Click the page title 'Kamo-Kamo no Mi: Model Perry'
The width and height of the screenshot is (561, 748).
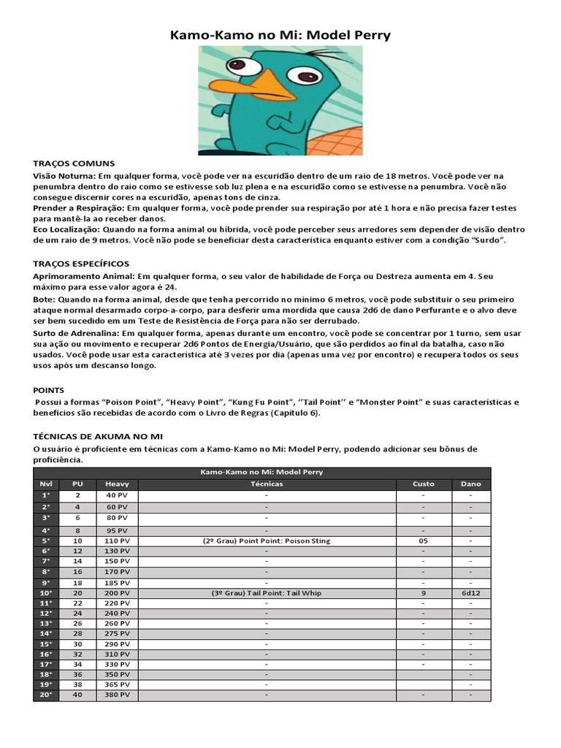[280, 34]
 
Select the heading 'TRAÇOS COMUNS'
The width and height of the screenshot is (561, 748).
[74, 164]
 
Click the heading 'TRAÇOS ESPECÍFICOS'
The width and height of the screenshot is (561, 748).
[81, 263]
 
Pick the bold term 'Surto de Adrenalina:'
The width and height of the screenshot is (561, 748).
[77, 332]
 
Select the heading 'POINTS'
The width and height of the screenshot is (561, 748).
[49, 390]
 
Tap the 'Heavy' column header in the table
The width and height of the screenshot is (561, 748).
[117, 484]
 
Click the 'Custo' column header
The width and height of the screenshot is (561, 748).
[424, 484]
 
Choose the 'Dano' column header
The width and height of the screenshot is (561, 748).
[471, 484]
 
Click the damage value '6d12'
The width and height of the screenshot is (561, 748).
[471, 594]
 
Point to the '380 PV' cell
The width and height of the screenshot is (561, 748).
[117, 695]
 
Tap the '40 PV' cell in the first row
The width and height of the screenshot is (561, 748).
[117, 495]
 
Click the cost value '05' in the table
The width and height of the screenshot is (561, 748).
[424, 541]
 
